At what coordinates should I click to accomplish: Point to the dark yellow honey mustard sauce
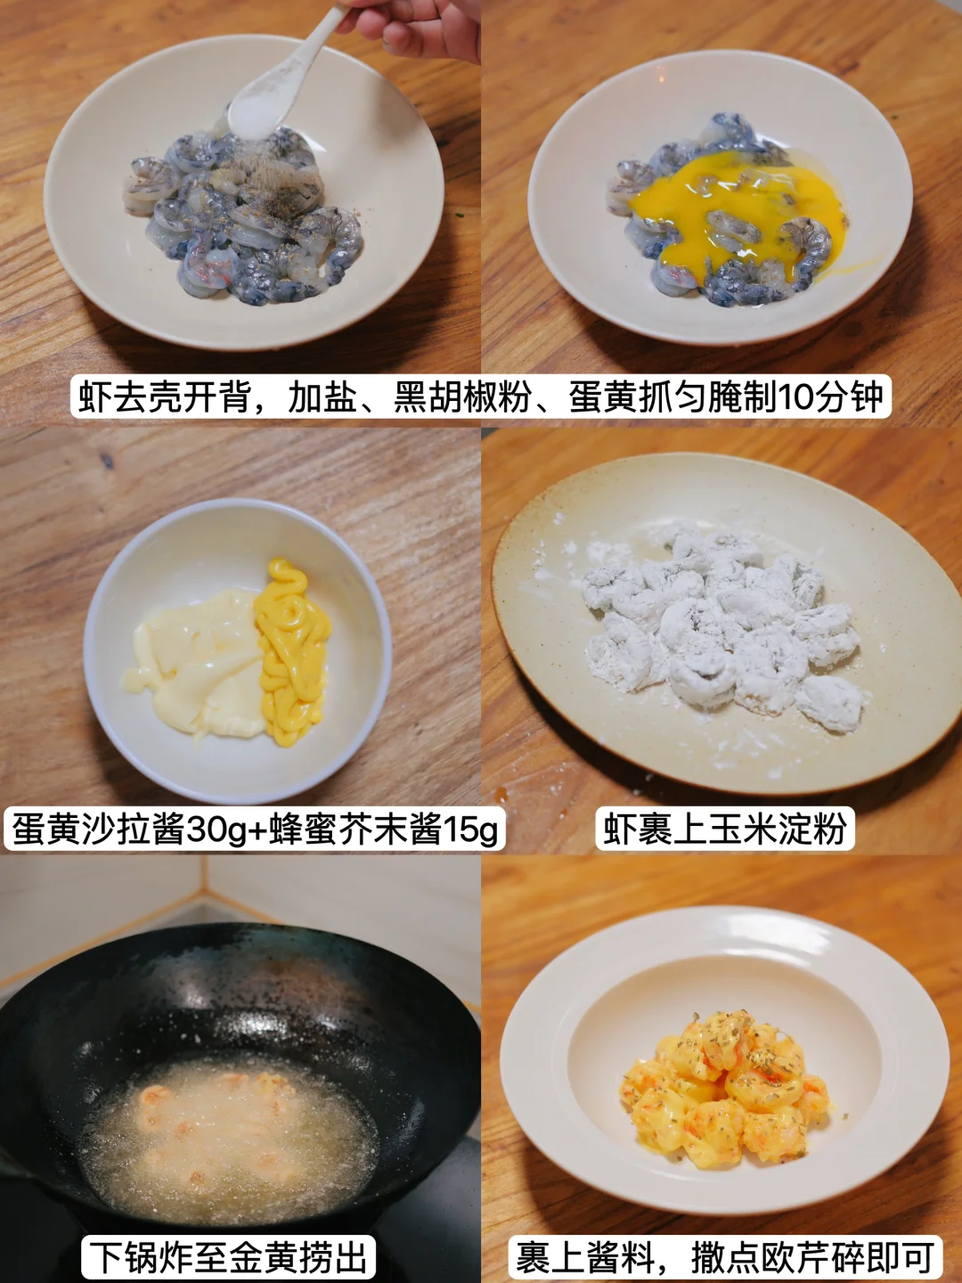click(292, 651)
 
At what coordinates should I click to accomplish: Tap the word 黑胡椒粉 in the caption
click(462, 396)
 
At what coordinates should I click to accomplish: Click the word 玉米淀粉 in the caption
click(778, 829)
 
